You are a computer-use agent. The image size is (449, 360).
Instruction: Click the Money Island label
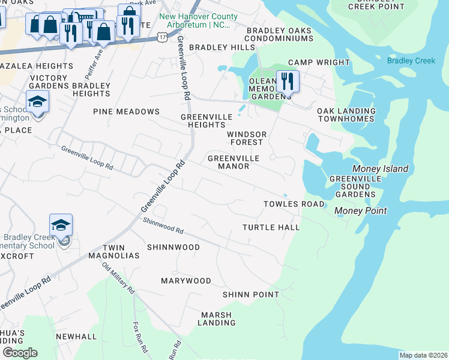coord(380,169)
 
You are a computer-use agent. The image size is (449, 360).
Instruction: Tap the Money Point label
coord(360,211)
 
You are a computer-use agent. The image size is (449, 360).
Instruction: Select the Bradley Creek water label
coord(411,61)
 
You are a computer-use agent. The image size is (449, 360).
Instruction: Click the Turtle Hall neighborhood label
coord(271,227)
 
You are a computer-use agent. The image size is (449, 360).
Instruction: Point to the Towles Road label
coord(294,204)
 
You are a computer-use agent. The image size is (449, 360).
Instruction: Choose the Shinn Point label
coord(250,295)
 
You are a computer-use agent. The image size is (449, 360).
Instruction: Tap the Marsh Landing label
coord(218,319)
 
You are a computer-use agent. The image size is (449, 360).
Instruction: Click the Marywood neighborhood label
coord(185,281)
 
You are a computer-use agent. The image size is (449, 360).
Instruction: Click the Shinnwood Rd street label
coord(163,225)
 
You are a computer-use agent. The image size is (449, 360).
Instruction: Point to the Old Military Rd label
coord(118,278)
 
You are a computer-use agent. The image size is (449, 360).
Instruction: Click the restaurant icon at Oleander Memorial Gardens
coord(288,81)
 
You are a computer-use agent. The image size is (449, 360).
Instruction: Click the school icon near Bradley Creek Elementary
coord(61,225)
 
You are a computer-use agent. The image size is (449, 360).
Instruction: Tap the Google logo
coord(20,353)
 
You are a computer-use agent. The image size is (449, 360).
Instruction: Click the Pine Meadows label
coord(126,112)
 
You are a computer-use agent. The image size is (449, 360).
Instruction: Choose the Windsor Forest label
coord(245,138)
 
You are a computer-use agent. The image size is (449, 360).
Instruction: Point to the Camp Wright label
coord(319,62)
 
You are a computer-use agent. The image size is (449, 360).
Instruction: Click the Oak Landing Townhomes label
coord(346,115)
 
